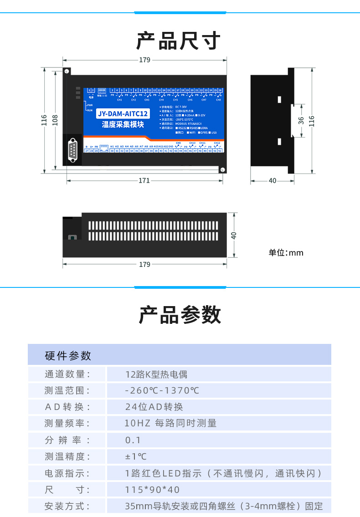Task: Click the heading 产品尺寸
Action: point(179,41)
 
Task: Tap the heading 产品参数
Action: point(180,315)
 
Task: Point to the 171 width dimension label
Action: point(144,181)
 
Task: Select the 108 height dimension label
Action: point(55,119)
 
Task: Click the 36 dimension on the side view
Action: point(301,121)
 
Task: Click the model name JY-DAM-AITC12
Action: point(123,114)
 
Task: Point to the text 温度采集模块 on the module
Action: point(123,124)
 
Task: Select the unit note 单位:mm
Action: point(286,253)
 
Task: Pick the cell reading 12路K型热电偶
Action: point(156,374)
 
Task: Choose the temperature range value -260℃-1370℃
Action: point(162,390)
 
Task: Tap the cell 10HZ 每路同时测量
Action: point(171,423)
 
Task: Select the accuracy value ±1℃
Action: point(136,456)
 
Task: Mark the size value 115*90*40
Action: point(153,490)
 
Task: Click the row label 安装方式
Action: point(67,506)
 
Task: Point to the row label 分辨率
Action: point(67,440)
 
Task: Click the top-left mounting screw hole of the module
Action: point(67,71)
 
